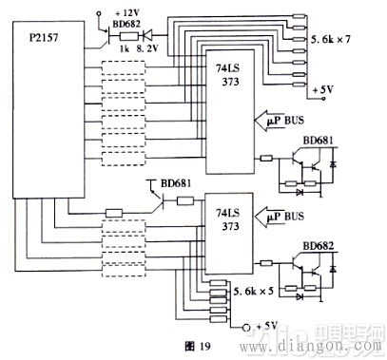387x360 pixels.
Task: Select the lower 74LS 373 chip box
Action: tap(230, 237)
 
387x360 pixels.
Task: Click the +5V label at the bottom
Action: tap(270, 327)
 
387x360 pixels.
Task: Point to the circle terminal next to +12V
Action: tap(99, 13)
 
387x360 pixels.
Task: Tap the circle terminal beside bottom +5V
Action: tap(251, 327)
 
